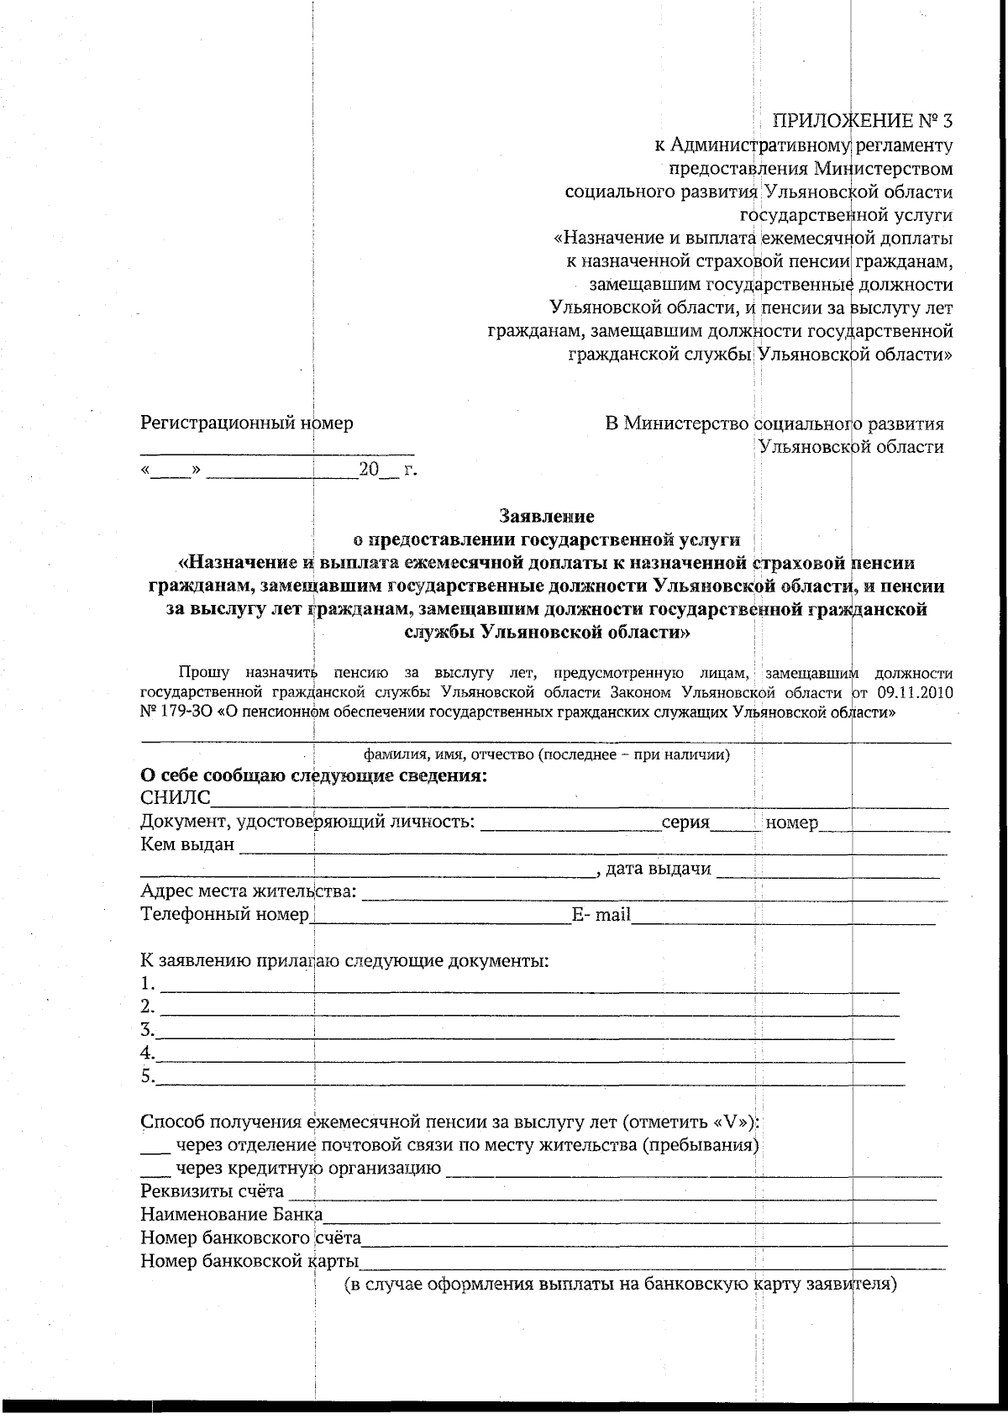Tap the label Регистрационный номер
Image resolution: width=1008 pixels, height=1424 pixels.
246,423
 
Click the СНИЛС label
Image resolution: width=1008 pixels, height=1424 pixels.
175,798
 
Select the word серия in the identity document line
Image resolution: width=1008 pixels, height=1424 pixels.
685,822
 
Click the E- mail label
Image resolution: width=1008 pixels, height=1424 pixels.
601,915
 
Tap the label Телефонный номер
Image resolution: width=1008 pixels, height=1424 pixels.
224,914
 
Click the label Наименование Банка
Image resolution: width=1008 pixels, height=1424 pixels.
231,1215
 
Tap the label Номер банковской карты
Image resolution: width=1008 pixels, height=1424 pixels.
249,1261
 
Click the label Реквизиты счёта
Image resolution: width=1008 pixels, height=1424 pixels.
212,1192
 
